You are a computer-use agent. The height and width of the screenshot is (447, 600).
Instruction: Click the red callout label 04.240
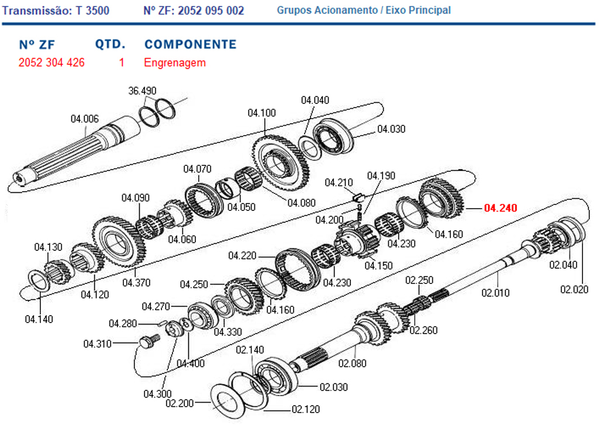[x=501, y=207]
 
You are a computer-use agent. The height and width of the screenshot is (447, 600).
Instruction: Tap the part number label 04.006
[x=85, y=119]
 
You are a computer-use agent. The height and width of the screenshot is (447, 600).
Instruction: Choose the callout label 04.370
[x=136, y=283]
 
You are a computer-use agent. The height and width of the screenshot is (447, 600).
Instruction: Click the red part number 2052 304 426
[x=51, y=63]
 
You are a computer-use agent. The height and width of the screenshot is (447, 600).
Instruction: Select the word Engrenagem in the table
[x=175, y=63]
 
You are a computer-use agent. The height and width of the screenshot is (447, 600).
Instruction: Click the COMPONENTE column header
[x=190, y=44]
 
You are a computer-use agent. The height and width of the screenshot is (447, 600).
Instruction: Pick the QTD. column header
[x=110, y=44]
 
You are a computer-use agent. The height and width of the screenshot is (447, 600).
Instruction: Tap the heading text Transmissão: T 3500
[x=56, y=11]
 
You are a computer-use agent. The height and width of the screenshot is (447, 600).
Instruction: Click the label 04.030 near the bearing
[x=391, y=129]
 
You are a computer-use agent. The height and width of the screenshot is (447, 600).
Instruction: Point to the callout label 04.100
[x=261, y=113]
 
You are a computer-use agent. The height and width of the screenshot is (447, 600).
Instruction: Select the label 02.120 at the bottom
[x=306, y=409]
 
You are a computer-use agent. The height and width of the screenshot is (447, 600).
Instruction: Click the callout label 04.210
[x=339, y=182]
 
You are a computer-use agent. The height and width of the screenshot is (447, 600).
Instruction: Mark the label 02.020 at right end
[x=574, y=289]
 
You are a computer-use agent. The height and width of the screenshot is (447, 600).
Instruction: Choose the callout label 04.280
[x=123, y=323]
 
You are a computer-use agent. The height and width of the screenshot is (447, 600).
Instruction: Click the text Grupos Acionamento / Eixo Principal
[x=364, y=11]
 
